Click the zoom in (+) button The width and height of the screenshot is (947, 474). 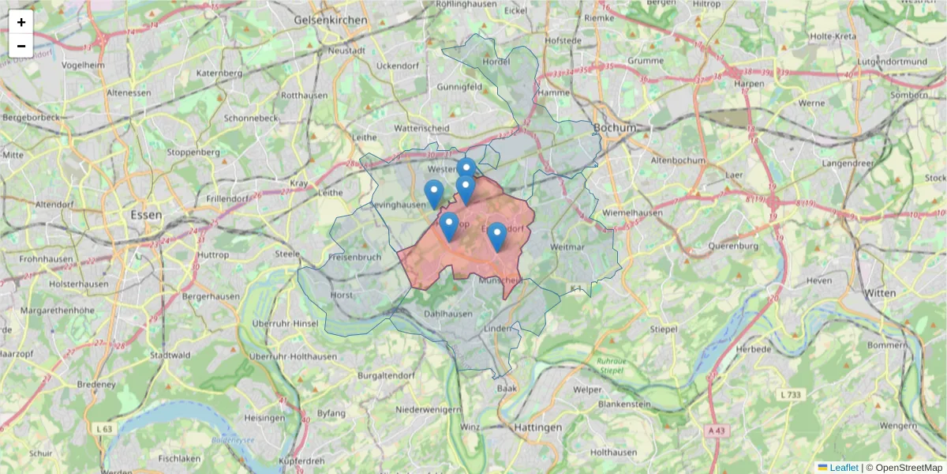click(21, 22)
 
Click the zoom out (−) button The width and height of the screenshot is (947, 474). click(21, 46)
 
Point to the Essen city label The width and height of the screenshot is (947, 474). click(147, 214)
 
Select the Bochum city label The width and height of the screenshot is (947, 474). click(615, 127)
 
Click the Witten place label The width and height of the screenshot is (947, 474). click(880, 292)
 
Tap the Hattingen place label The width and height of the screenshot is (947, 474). click(537, 427)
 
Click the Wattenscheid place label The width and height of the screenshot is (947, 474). click(421, 128)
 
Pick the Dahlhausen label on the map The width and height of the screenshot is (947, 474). click(447, 313)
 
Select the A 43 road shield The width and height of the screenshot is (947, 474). click(716, 431)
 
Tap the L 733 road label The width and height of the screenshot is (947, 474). click(790, 394)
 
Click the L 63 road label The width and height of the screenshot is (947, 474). click(103, 428)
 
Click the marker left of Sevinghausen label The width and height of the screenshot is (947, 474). click(434, 194)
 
